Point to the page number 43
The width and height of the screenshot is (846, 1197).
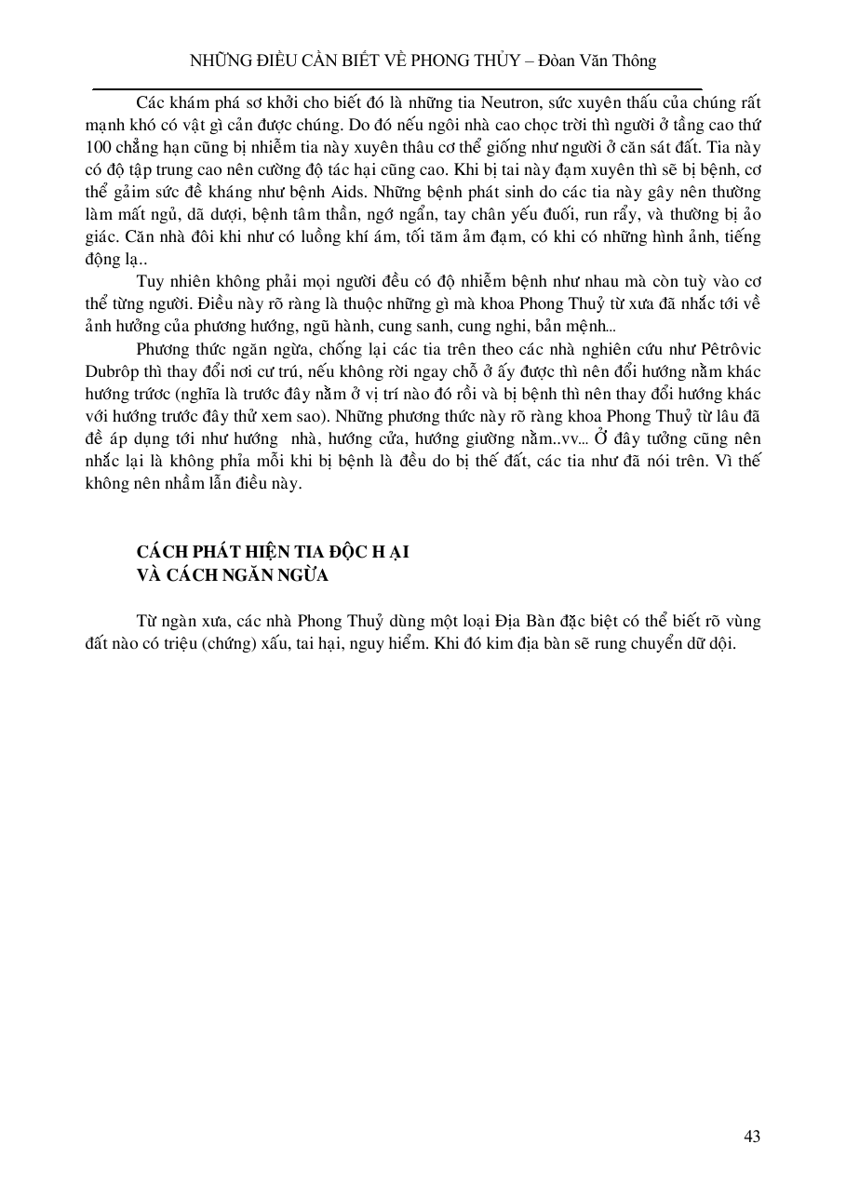tap(753, 1136)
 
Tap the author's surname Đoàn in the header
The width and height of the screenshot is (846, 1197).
tap(551, 61)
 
